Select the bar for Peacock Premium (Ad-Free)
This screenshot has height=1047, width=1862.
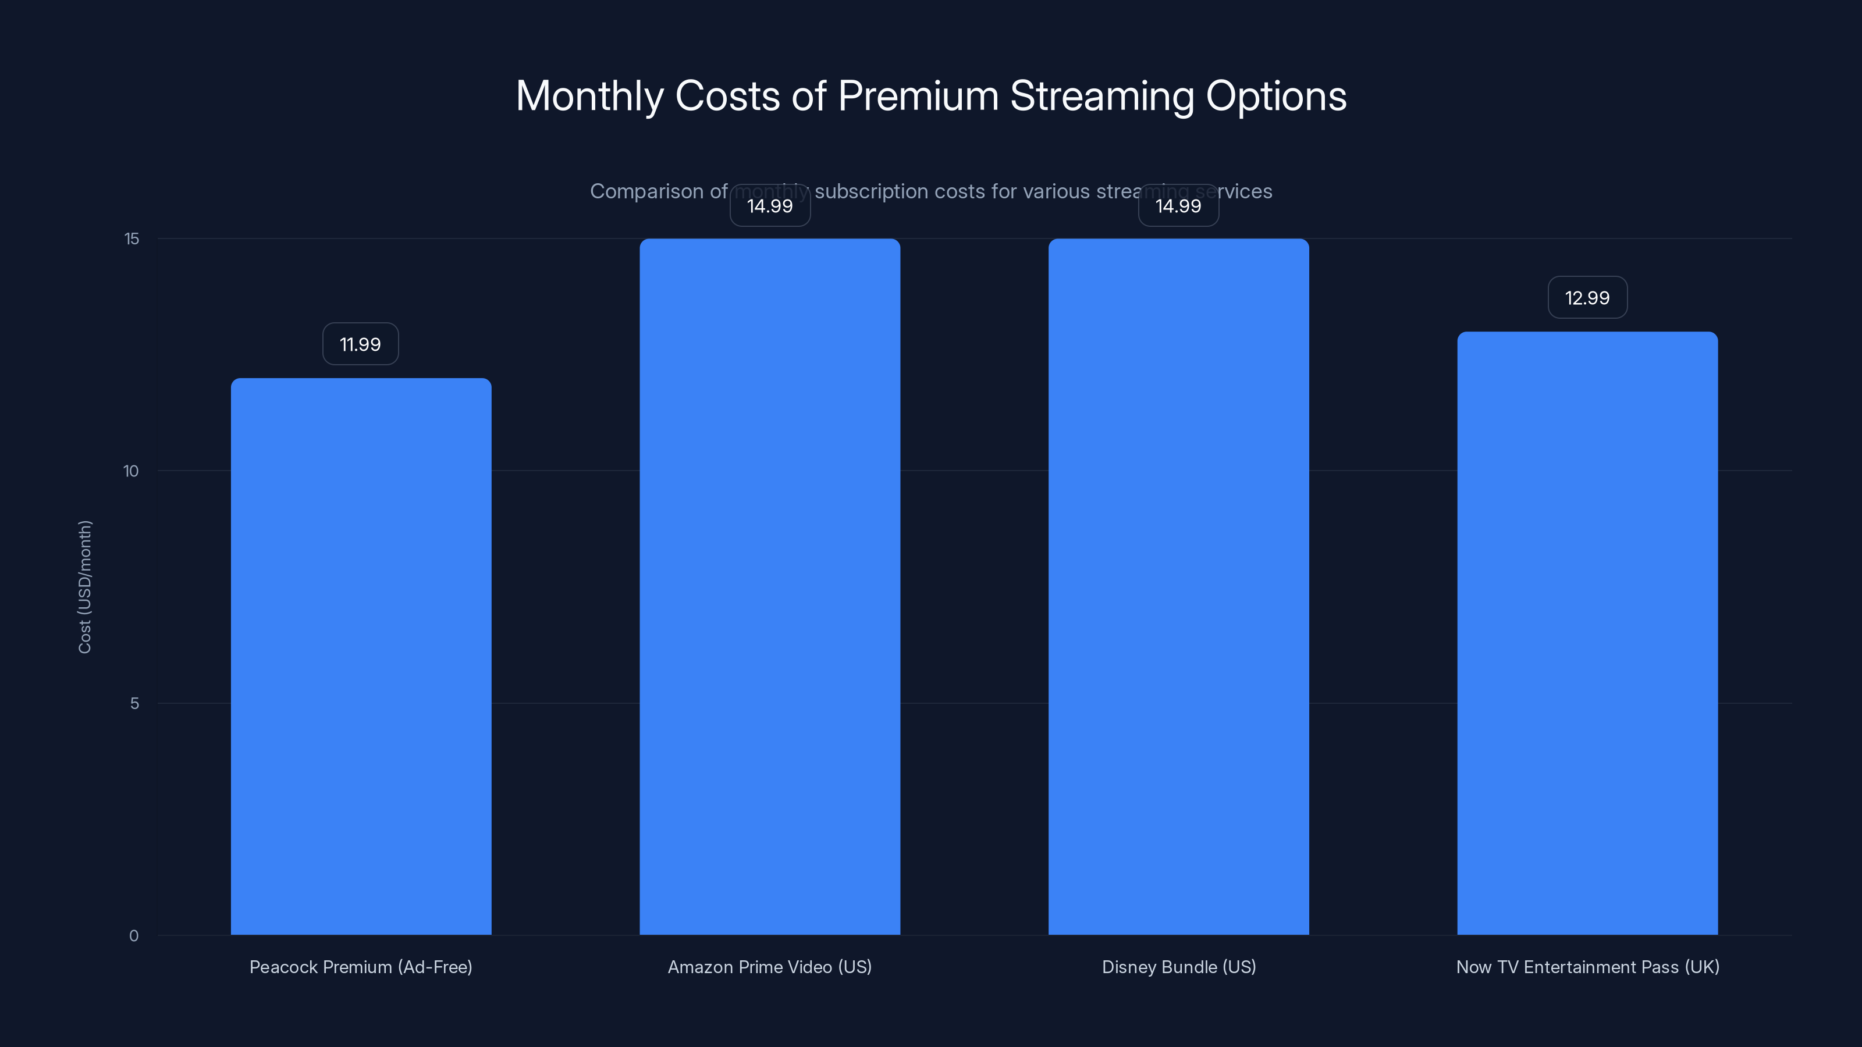pos(361,656)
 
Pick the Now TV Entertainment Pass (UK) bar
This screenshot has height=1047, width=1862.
pos(1587,633)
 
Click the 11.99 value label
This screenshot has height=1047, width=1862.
pos(360,344)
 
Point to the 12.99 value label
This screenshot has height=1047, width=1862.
pos(1587,298)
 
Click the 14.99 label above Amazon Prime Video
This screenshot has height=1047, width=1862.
pos(769,206)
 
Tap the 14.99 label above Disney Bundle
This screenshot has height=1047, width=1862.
pos(1178,206)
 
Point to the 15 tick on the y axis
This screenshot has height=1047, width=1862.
pos(132,239)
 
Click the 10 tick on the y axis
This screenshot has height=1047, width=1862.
pos(131,471)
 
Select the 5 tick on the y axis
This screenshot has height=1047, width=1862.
pos(134,704)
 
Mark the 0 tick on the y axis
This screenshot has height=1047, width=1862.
pos(134,936)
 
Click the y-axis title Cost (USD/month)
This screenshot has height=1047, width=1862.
pos(84,587)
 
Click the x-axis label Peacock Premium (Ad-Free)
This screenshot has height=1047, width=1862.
pos(361,967)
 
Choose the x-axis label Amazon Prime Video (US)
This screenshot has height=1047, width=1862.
pos(769,967)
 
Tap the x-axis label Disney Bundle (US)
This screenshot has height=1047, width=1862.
pos(1178,967)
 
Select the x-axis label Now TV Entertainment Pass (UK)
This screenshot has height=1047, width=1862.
pos(1587,967)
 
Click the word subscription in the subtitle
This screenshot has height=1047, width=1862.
pos(871,191)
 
